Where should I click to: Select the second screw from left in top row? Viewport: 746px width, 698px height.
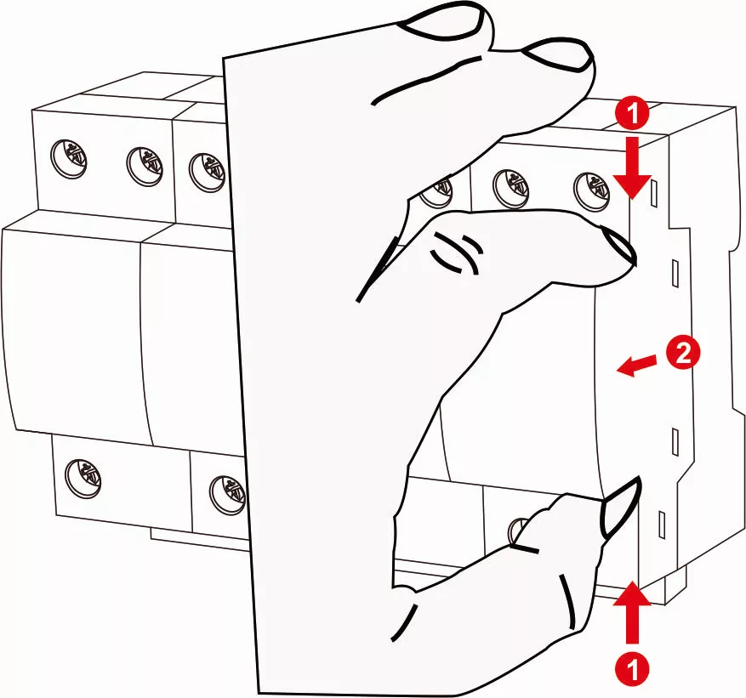tap(144, 167)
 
